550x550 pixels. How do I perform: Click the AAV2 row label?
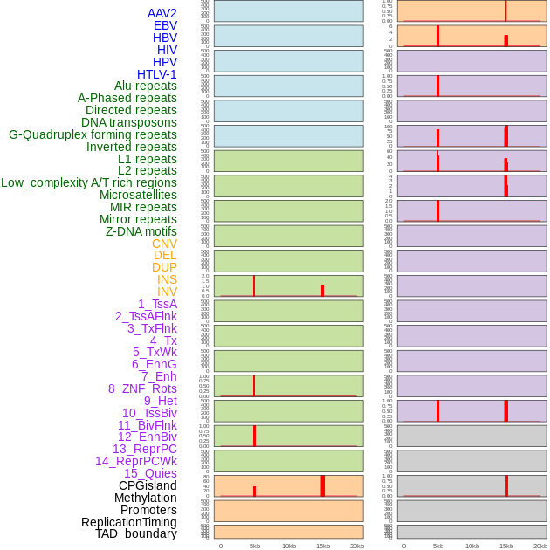(x=162, y=13)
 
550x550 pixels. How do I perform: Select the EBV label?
(x=165, y=25)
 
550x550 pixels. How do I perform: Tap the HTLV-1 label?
(x=157, y=74)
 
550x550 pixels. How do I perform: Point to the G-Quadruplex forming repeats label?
(x=93, y=134)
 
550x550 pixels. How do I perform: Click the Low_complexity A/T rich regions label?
(x=89, y=182)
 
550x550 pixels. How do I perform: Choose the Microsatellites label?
(x=138, y=195)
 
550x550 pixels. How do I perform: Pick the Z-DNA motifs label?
(x=141, y=231)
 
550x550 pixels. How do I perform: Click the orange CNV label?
(x=164, y=244)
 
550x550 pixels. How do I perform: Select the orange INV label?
(x=167, y=292)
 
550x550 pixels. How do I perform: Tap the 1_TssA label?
(x=157, y=304)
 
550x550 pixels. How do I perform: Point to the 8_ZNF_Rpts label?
(x=142, y=388)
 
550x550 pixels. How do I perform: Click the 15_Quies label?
(x=150, y=473)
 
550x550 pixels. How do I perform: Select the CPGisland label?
(x=148, y=485)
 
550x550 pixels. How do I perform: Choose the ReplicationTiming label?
(x=129, y=522)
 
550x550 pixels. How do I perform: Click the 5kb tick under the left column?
(x=255, y=546)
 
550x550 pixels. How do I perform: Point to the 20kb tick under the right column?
(x=540, y=546)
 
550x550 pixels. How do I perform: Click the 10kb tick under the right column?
(x=472, y=546)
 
